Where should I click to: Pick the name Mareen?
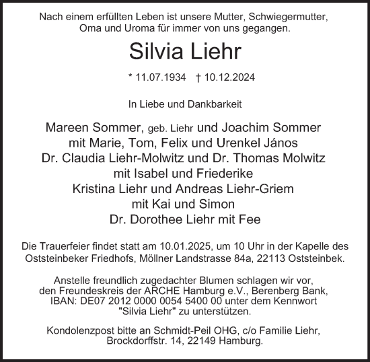click(70, 128)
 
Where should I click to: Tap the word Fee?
click(250, 219)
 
